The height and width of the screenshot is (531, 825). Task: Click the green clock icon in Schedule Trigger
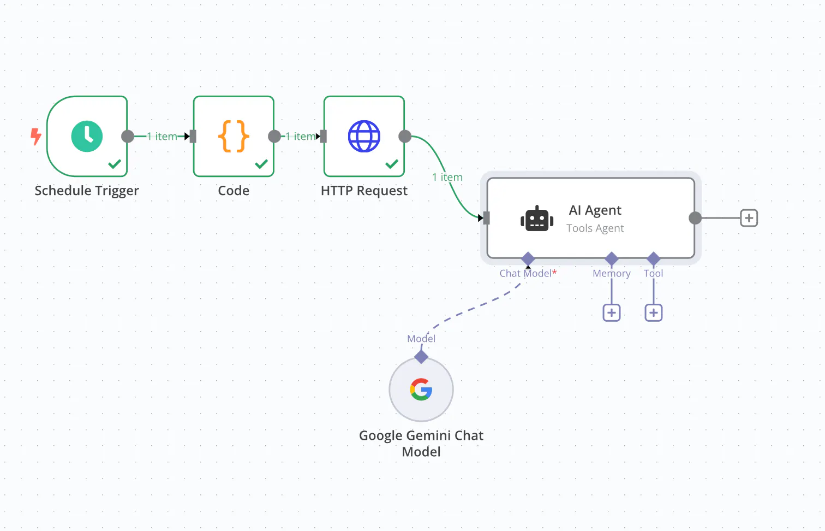[x=87, y=136]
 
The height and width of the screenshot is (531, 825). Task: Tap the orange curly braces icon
[x=234, y=136]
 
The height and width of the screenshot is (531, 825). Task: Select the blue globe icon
[x=364, y=136]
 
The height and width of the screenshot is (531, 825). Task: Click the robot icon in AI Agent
[x=537, y=219]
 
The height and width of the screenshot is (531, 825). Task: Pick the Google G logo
[x=421, y=390]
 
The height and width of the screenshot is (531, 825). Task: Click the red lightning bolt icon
[x=36, y=136]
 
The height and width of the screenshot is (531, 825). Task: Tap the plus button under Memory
[x=612, y=313]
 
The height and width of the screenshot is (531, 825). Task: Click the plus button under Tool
[x=654, y=313]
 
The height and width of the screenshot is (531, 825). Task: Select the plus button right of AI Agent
[x=749, y=218]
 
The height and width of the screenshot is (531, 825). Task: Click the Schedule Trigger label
[x=87, y=191]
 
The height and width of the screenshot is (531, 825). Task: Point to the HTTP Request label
[x=364, y=191]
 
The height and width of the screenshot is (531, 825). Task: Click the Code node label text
[x=234, y=191]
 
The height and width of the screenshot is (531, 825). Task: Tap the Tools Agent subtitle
[x=595, y=228]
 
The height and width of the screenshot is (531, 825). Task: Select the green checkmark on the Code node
[x=261, y=164]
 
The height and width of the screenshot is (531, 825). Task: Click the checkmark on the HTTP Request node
[x=392, y=164]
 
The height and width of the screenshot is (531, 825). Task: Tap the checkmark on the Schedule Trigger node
[x=115, y=164]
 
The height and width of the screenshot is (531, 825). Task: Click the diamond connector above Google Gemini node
[x=421, y=357]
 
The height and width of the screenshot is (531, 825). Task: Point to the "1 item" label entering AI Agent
[x=447, y=177]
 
